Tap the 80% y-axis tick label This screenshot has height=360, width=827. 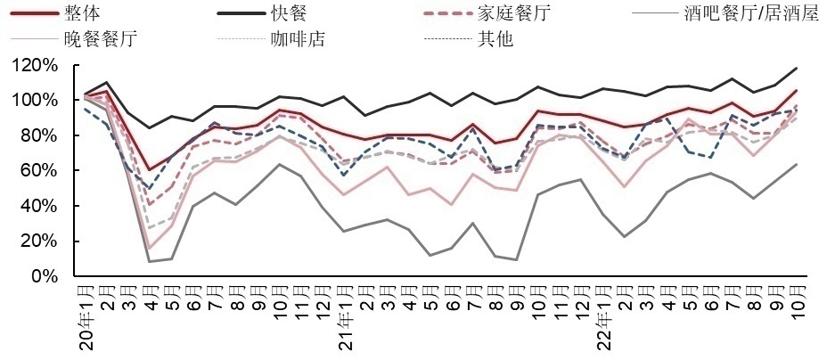(41, 135)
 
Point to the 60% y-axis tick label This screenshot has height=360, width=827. (41, 170)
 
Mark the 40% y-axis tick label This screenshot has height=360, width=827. (41, 206)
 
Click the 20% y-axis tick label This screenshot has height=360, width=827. (41, 241)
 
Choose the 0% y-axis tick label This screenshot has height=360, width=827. (45, 276)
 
